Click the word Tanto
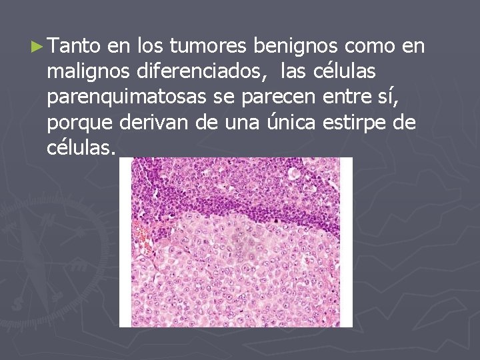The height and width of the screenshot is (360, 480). [74, 46]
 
